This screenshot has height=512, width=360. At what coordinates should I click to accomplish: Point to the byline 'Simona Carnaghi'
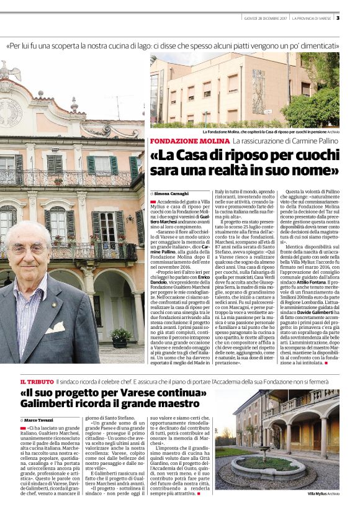pos(173,194)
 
